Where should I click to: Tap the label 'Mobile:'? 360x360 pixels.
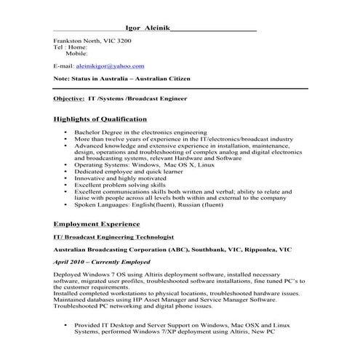pyautogui.click(x=76, y=53)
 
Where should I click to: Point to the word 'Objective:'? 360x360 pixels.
pyautogui.click(x=69, y=97)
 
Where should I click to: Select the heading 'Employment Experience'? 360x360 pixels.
pyautogui.click(x=97, y=224)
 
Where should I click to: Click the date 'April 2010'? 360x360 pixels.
pyautogui.click(x=71, y=260)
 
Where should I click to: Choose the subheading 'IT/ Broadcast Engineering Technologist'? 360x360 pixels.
pyautogui.click(x=113, y=237)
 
